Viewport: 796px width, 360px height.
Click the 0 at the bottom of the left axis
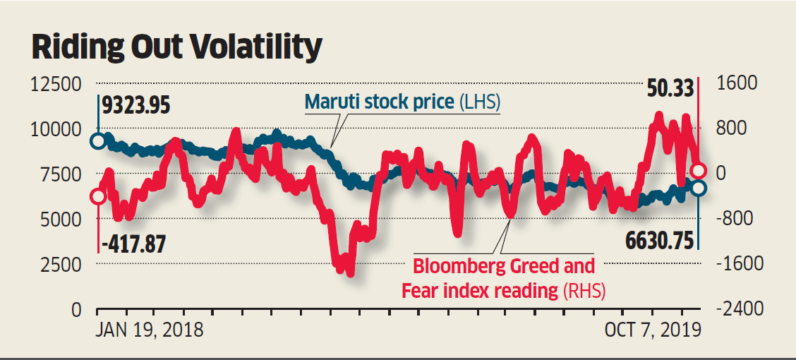point(75,309)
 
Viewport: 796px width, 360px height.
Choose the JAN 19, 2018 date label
point(150,330)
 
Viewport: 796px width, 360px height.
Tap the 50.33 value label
point(668,90)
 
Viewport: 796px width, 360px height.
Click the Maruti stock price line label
point(402,102)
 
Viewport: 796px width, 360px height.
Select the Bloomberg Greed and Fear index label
point(504,278)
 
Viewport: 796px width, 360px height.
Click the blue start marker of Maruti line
point(98,141)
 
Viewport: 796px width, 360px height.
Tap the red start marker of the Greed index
point(98,196)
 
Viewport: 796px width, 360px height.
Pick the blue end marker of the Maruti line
point(699,188)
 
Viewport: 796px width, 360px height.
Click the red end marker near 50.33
point(699,170)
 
